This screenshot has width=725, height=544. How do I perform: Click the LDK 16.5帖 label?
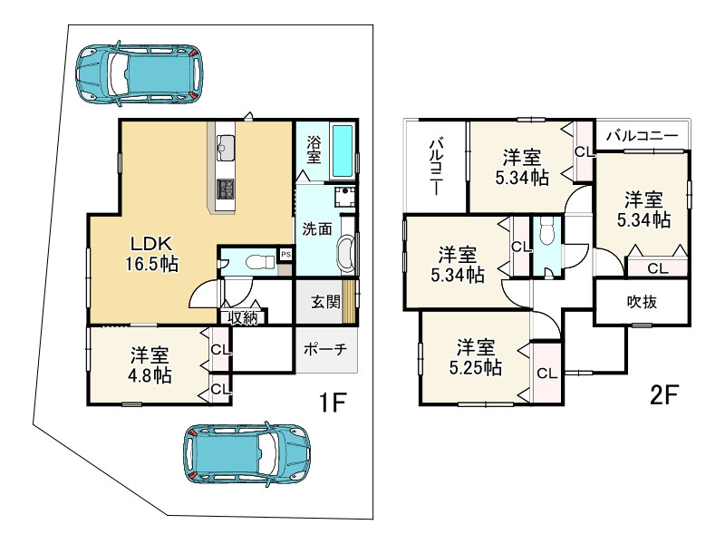coord(151,254)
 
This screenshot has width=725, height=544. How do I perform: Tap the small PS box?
coord(286,254)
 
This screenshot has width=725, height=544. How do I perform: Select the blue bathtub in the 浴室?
coord(343,151)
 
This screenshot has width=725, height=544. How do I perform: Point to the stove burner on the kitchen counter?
coord(226,189)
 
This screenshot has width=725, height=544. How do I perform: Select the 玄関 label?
coord(325,302)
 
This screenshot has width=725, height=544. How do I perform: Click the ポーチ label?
coord(325,349)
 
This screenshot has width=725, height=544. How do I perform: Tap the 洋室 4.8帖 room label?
coord(150,365)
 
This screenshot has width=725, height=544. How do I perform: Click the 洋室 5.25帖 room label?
coord(475,357)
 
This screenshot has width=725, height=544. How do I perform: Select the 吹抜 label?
coord(642,302)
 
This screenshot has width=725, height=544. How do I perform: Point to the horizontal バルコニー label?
coord(643,135)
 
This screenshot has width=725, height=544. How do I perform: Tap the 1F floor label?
coord(333,402)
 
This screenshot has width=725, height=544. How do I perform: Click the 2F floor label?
coord(663,394)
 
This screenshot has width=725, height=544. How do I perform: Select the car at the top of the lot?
coord(139,73)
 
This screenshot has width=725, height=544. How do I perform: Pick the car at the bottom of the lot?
coord(246,455)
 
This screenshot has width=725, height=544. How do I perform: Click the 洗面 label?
coord(317,228)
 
